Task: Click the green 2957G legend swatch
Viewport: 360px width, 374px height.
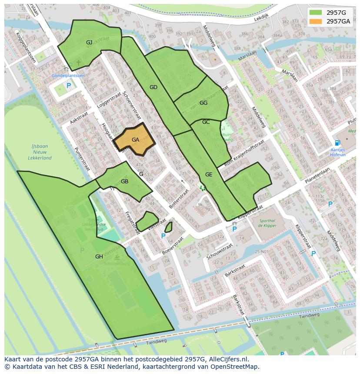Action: pyautogui.click(x=316, y=13)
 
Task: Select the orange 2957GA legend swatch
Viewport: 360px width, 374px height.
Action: pyautogui.click(x=316, y=21)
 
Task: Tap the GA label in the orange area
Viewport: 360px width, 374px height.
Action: pyautogui.click(x=135, y=140)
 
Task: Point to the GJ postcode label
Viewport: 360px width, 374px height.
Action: pyautogui.click(x=89, y=42)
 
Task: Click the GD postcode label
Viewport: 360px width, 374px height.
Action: pyautogui.click(x=153, y=87)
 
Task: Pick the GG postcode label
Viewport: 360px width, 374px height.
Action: pyautogui.click(x=203, y=103)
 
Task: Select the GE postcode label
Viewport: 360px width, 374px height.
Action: pyautogui.click(x=209, y=175)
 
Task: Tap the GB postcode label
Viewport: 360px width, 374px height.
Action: pyautogui.click(x=124, y=182)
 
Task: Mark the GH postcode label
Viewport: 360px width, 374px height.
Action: pyautogui.click(x=99, y=257)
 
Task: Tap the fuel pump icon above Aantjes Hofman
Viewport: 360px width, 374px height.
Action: pyautogui.click(x=337, y=142)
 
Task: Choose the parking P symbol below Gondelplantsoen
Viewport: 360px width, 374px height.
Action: pyautogui.click(x=69, y=86)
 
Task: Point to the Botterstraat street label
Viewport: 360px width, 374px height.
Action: pyautogui.click(x=179, y=199)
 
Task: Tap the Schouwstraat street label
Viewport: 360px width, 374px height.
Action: pyautogui.click(x=220, y=252)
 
